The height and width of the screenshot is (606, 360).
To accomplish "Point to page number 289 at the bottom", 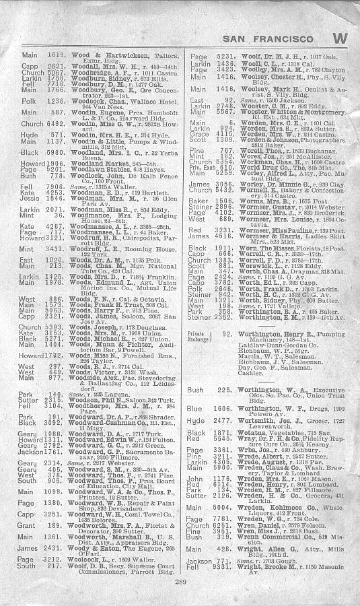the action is tap(180, 581).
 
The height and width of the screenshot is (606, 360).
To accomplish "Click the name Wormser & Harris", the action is tap(258, 236).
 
